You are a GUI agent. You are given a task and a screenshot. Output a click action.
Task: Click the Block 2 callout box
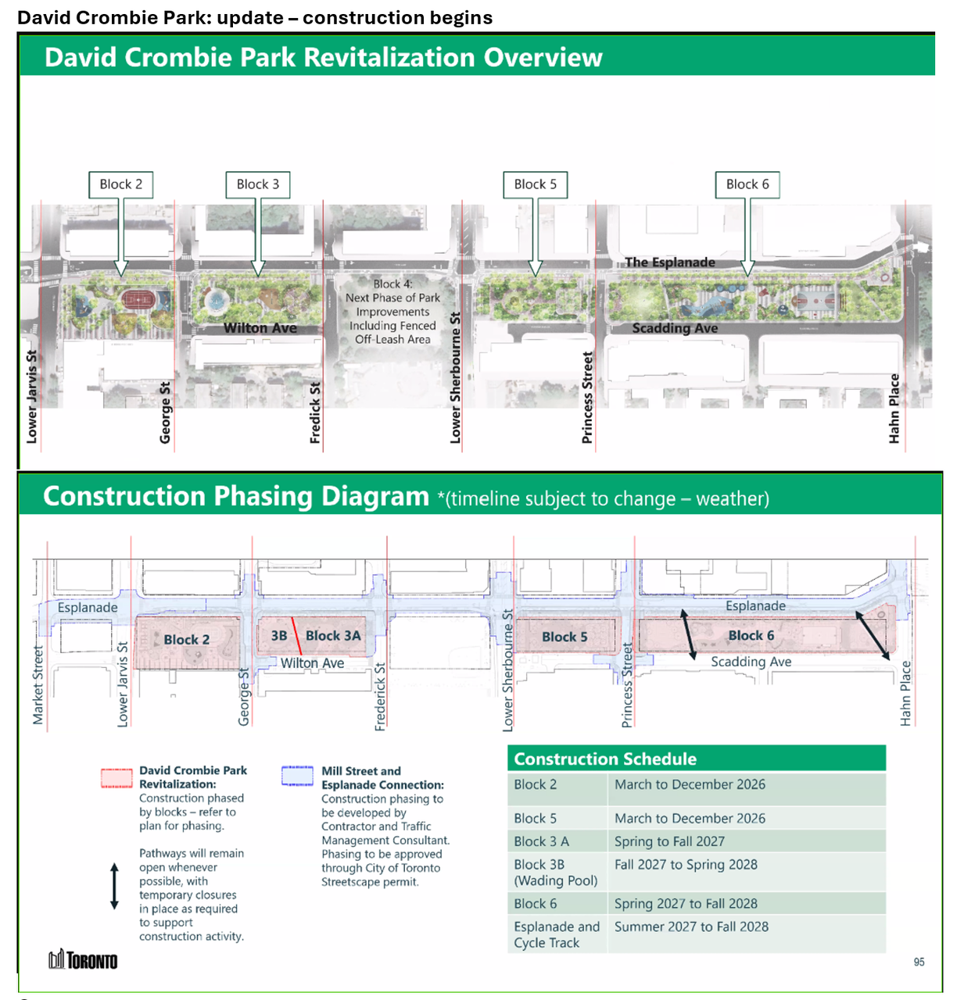(121, 184)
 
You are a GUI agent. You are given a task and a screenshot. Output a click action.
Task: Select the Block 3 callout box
(257, 184)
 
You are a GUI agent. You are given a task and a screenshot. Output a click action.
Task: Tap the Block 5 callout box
(536, 184)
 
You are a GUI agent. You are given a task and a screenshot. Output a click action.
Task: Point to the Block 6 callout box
(747, 184)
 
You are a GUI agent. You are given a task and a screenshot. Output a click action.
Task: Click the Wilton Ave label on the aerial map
(260, 328)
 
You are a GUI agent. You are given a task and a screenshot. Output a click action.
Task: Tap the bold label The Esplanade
(670, 262)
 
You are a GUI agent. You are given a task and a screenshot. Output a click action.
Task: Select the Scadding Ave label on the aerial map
(675, 328)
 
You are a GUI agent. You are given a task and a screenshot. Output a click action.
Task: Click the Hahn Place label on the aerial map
(894, 409)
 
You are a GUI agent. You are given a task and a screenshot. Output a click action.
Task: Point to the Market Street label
(38, 685)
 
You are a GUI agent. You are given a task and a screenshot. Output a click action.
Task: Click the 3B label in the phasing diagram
(279, 636)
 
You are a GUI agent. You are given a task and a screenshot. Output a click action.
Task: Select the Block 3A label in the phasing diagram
(333, 636)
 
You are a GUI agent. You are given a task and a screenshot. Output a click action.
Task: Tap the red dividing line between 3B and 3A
(296, 636)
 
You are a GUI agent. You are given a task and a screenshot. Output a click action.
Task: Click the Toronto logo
(84, 960)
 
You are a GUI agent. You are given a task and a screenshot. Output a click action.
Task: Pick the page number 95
(919, 962)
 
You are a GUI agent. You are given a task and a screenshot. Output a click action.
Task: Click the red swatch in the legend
(116, 778)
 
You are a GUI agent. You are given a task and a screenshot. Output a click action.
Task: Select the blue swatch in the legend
(297, 776)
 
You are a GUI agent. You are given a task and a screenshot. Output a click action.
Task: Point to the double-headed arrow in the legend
(115, 887)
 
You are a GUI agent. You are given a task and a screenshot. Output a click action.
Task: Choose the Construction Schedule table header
(697, 759)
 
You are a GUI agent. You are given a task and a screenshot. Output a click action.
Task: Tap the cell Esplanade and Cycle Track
(557, 934)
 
